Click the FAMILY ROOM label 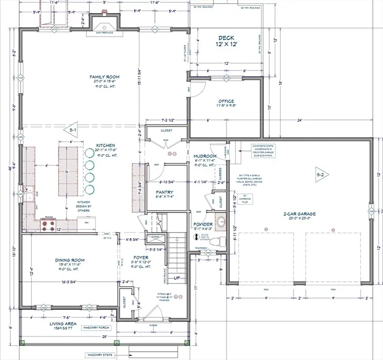pos(105,77)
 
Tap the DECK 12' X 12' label pos(226,41)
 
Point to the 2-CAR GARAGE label pos(300,214)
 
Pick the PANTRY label pos(164,192)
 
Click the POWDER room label pos(203,224)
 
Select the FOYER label pos(141,258)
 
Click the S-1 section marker pos(74,129)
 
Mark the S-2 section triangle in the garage pos(320,174)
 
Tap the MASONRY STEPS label pos(99,355)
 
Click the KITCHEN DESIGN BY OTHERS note pos(84,205)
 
